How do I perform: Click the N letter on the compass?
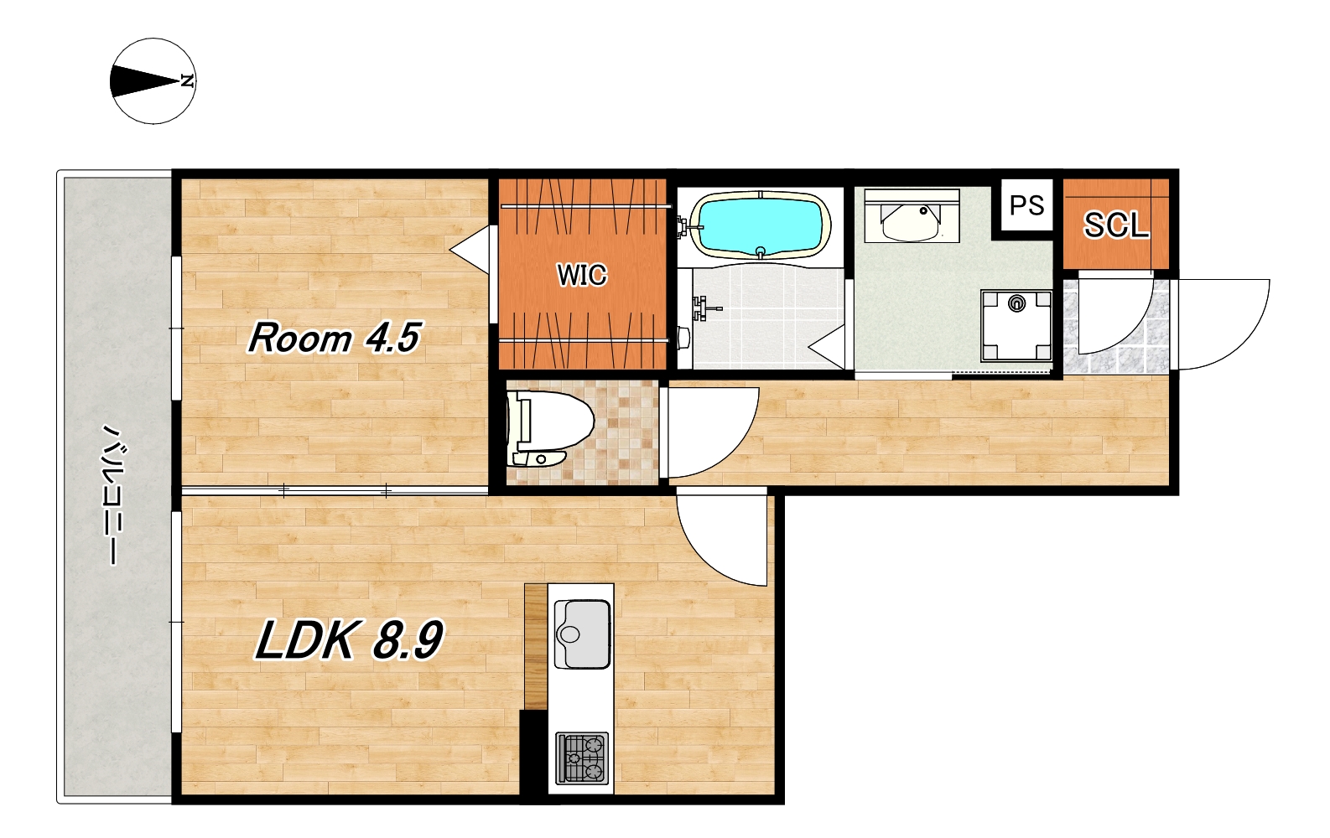coord(188,81)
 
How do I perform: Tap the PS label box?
coord(1027,204)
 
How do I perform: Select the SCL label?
coord(1116,225)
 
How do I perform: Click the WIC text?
coord(582,275)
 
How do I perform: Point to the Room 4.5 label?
coord(335,338)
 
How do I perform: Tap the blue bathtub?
coord(763,225)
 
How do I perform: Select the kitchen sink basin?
coord(582,634)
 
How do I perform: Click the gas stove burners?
coord(582,758)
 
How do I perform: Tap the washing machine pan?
coord(1016,325)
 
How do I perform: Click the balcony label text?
coord(111,494)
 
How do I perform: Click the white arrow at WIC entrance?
coord(473,249)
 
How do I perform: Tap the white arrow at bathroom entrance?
coord(827,347)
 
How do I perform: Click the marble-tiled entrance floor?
coord(1116,327)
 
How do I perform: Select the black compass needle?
coord(144,81)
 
